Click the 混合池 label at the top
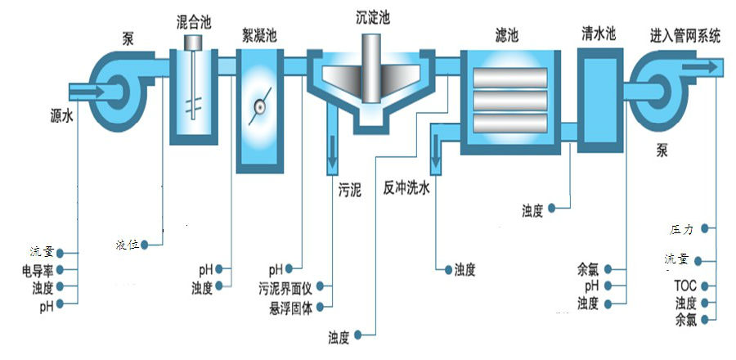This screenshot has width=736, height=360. [195, 20]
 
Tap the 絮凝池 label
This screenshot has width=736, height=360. [258, 36]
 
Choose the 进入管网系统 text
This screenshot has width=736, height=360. [685, 35]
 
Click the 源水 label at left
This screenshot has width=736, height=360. [61, 118]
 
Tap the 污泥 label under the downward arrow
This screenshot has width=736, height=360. [350, 189]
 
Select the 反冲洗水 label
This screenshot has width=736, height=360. [411, 189]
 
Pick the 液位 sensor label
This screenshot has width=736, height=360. [127, 244]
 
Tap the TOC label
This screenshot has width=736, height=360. [684, 286]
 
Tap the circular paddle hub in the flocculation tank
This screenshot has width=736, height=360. [259, 105]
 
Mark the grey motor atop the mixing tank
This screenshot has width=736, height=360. [195, 41]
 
